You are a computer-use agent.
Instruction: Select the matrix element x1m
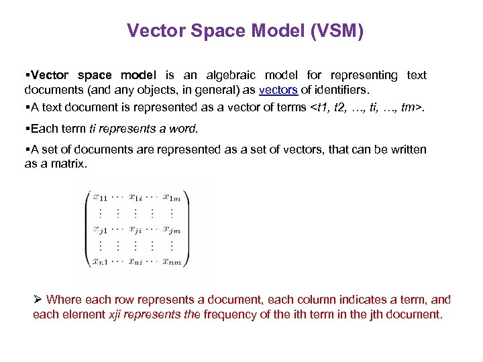tap(174, 197)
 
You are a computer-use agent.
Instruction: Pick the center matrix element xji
tap(136, 230)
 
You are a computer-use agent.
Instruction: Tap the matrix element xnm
tap(173, 262)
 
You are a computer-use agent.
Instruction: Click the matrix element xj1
tap(101, 230)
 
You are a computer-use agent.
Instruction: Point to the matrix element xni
tap(136, 262)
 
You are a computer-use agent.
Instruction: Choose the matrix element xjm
tap(172, 230)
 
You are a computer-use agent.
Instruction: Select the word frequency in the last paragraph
tap(227, 314)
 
